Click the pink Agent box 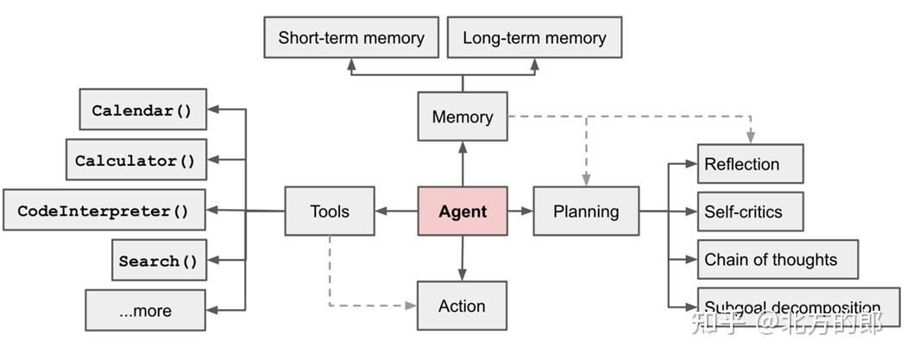463,212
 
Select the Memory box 463,117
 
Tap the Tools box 330,212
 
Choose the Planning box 586,212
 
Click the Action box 462,306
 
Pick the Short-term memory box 351,38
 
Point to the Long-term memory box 534,38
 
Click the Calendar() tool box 142,110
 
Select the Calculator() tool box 135,160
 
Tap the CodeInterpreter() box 104,210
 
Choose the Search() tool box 159,260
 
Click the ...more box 145,310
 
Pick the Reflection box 750,164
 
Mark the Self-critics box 750,212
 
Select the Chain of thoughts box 777,259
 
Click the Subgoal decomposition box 798,306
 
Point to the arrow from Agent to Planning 520,211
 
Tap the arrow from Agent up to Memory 463,164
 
